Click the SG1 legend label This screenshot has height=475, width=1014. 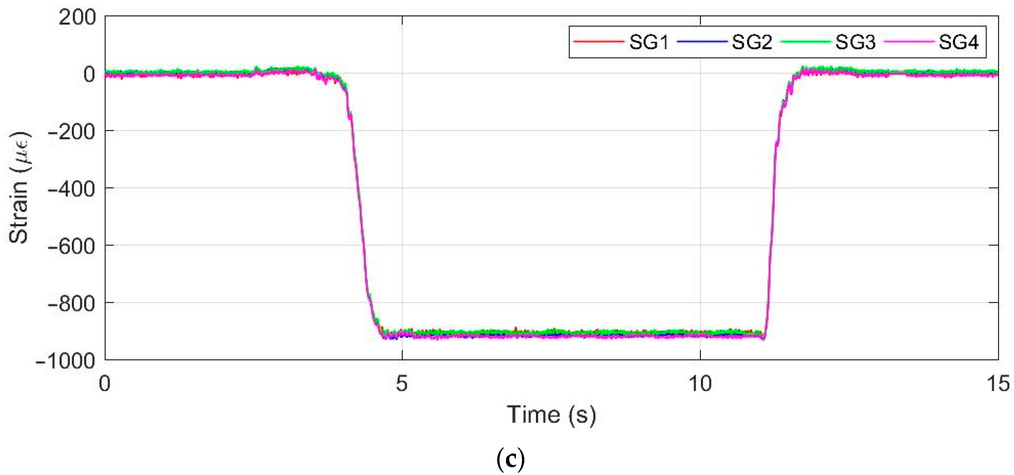coord(649,42)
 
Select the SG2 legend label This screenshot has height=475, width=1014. coord(752,42)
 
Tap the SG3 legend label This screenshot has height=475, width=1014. coord(855,42)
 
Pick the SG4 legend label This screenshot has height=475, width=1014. coord(959,42)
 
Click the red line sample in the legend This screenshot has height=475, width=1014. coord(599,41)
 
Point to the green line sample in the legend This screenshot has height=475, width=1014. coord(805,41)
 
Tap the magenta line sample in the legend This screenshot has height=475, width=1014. coord(909,41)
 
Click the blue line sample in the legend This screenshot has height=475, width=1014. coord(702,41)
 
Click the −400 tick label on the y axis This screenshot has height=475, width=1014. coord(71,189)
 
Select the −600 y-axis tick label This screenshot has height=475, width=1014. coord(71,246)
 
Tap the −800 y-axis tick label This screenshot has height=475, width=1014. coord(71,304)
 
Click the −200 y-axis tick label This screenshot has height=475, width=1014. coord(71,132)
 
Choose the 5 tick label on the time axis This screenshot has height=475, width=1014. coord(402,383)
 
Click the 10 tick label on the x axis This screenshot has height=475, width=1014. coord(700,383)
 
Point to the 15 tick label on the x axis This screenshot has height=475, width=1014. coord(998,383)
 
